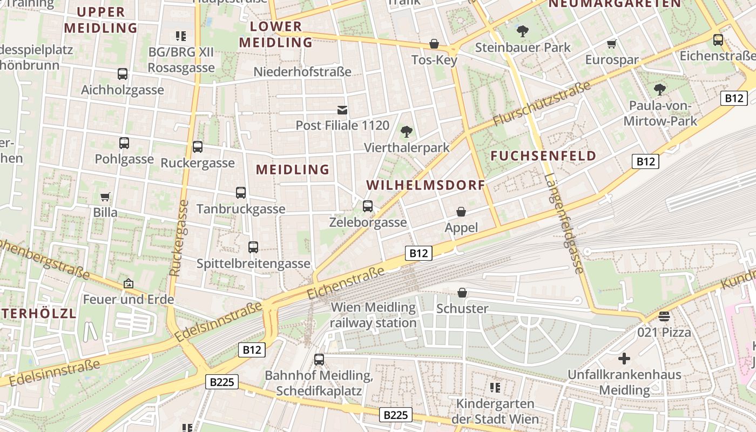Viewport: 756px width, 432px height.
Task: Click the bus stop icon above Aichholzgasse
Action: pyautogui.click(x=123, y=74)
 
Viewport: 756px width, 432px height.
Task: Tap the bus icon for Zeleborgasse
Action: pyautogui.click(x=368, y=206)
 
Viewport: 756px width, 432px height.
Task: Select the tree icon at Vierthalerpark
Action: pyautogui.click(x=406, y=132)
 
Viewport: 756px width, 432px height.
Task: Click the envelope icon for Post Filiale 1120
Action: pyautogui.click(x=342, y=110)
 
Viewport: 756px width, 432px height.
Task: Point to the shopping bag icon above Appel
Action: pyautogui.click(x=461, y=212)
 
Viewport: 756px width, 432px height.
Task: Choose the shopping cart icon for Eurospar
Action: pyautogui.click(x=612, y=44)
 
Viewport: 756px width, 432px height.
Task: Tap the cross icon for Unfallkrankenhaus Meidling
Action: pyautogui.click(x=624, y=359)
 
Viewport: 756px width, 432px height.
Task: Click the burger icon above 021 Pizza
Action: pyautogui.click(x=664, y=316)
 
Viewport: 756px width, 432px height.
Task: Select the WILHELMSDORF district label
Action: pyautogui.click(x=426, y=185)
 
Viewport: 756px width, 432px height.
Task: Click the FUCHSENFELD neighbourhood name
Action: pyautogui.click(x=544, y=156)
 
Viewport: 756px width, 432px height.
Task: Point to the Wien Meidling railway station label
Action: pyautogui.click(x=373, y=315)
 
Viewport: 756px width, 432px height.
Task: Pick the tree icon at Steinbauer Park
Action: pyautogui.click(x=522, y=31)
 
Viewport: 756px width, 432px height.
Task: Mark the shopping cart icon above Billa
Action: pyautogui.click(x=105, y=197)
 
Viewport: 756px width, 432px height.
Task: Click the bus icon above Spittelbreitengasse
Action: pyautogui.click(x=253, y=247)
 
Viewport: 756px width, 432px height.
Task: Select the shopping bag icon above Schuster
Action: pyautogui.click(x=462, y=293)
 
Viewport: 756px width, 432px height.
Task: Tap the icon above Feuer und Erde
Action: pyautogui.click(x=129, y=283)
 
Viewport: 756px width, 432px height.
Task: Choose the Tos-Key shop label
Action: pyautogui.click(x=434, y=60)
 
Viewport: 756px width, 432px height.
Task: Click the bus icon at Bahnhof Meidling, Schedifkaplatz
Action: pyautogui.click(x=319, y=360)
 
